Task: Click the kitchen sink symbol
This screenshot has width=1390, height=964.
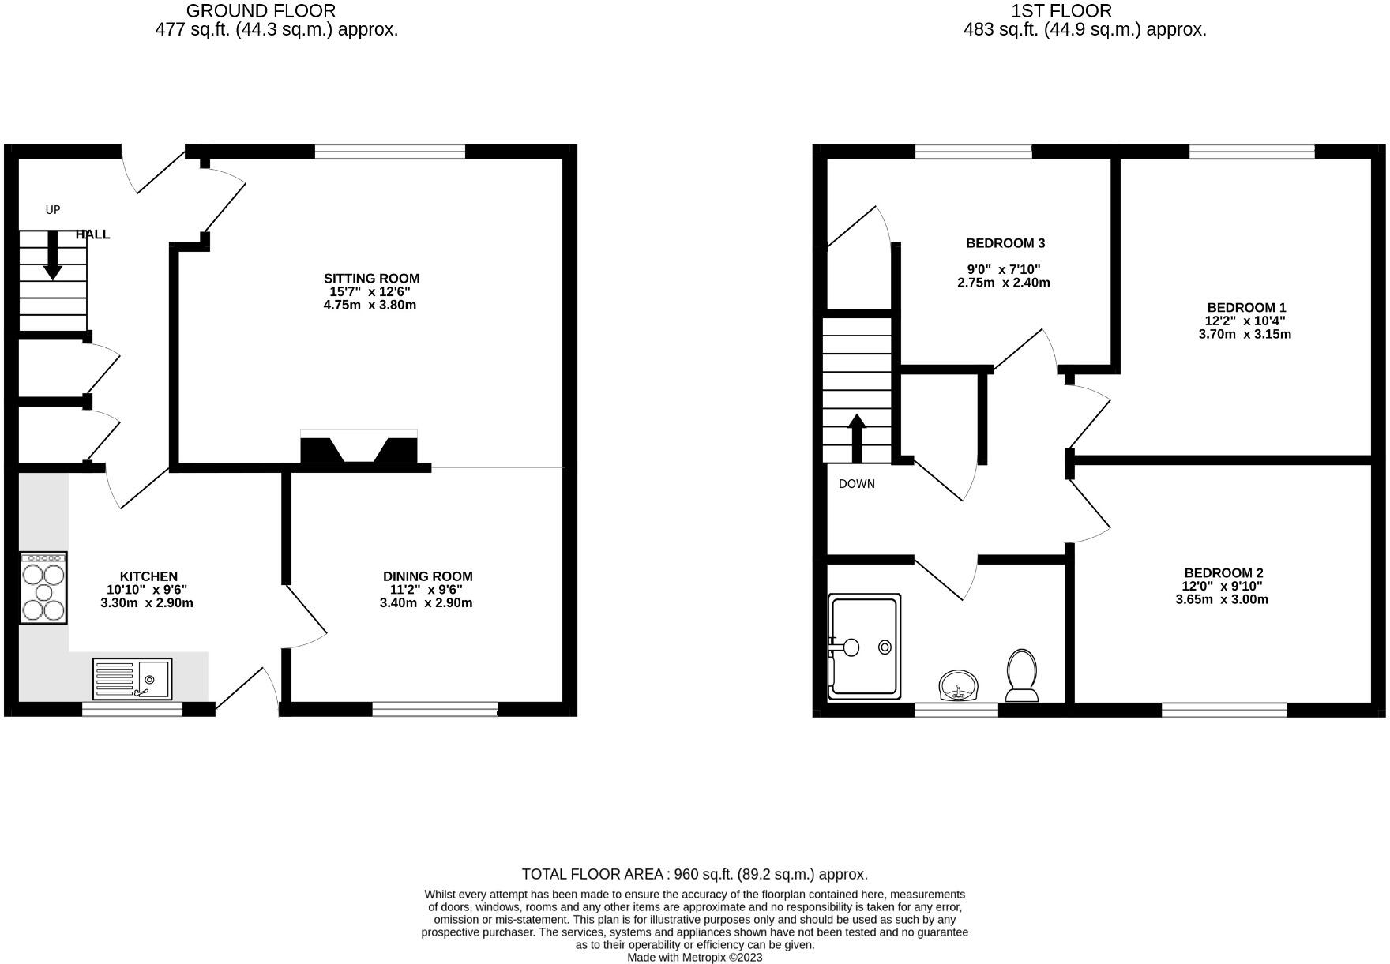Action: [132, 679]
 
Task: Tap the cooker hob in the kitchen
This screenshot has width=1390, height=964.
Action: [43, 588]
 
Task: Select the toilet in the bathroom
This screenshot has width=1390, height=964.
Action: [1022, 676]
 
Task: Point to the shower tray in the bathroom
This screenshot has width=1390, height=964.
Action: [864, 647]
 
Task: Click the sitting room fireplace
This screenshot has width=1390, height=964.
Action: [359, 448]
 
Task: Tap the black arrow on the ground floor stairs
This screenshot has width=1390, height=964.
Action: [53, 255]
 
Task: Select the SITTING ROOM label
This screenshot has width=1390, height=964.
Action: [371, 278]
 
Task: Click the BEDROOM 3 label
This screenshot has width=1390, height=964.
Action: [1005, 243]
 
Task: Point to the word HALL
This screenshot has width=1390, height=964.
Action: [92, 234]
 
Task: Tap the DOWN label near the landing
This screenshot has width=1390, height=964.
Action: [856, 484]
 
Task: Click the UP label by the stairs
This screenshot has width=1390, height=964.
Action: [53, 210]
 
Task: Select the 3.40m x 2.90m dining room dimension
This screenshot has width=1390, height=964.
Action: [426, 603]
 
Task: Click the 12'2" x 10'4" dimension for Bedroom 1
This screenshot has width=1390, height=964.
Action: [1245, 321]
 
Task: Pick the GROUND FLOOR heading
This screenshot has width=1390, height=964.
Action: [261, 11]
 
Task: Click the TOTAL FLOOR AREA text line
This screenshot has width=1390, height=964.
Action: [694, 874]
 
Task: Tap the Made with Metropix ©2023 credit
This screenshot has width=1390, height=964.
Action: [694, 958]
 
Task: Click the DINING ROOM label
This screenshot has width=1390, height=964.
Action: [427, 576]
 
